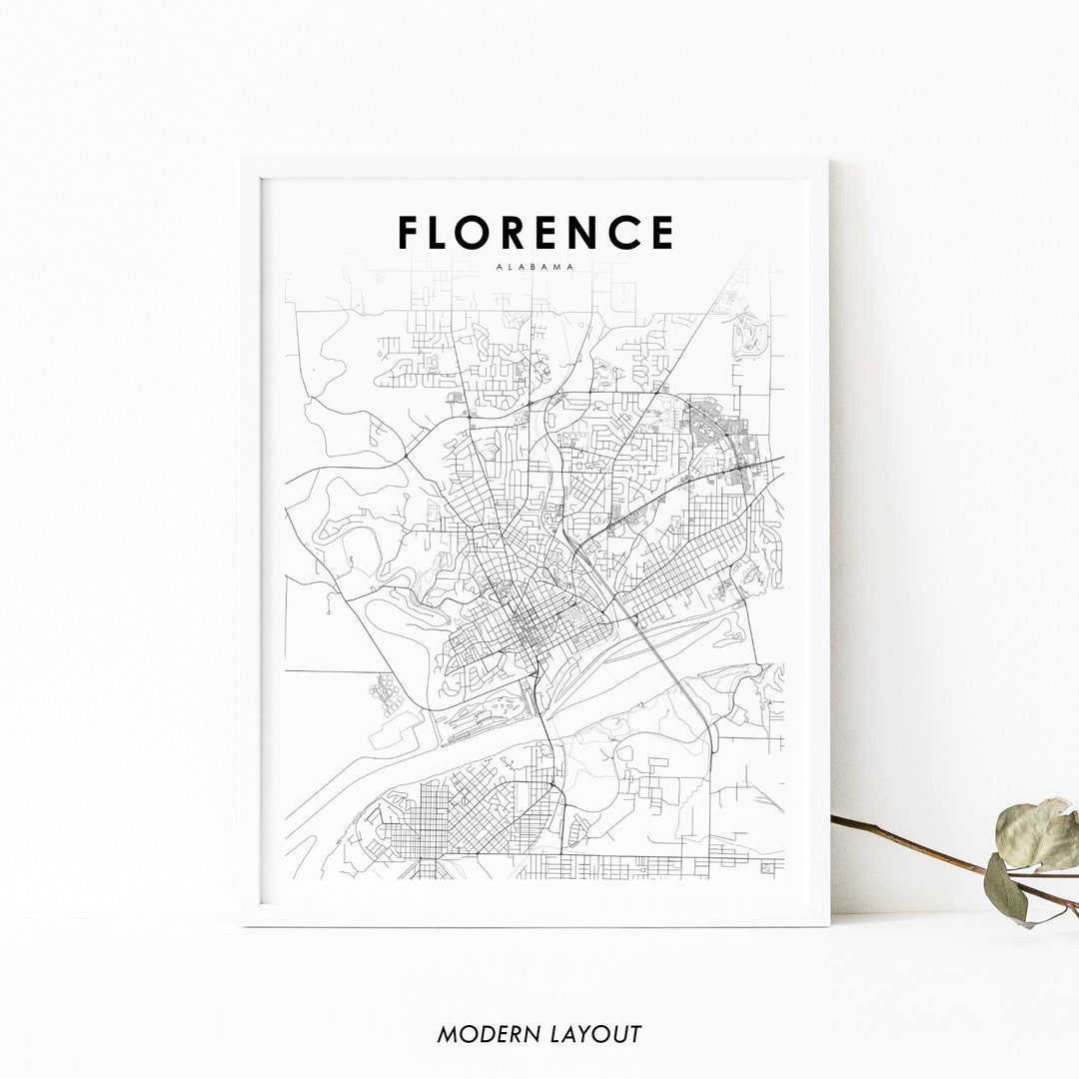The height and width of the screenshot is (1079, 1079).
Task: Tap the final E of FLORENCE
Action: coord(662,233)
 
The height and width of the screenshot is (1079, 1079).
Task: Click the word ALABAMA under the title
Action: coord(535,268)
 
